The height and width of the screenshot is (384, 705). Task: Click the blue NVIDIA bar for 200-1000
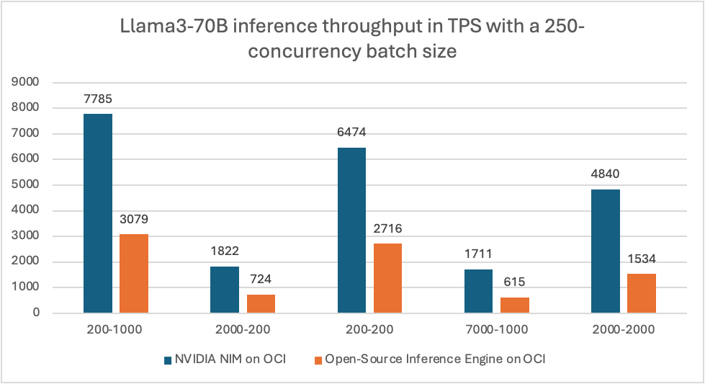(x=98, y=213)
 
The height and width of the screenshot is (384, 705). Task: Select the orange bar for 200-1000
(x=134, y=274)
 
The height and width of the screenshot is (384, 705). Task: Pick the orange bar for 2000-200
(x=261, y=304)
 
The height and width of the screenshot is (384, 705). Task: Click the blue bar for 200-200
(x=351, y=231)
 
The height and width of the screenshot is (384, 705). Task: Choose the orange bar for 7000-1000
(x=515, y=305)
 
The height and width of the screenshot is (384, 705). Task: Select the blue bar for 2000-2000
(x=606, y=251)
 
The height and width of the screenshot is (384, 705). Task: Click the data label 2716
(x=388, y=228)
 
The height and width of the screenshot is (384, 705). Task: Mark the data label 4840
(x=606, y=174)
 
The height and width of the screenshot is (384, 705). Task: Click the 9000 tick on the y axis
(x=27, y=82)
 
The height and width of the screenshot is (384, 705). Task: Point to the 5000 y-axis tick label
(x=27, y=185)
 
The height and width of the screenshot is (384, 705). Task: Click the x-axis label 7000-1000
(x=497, y=331)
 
